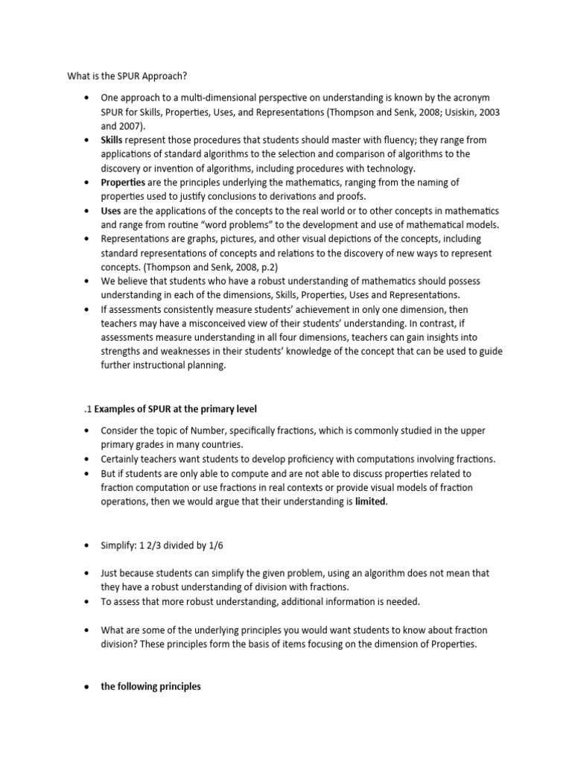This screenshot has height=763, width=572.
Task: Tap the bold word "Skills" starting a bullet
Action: [x=112, y=140]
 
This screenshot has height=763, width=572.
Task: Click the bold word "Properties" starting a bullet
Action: [x=124, y=182]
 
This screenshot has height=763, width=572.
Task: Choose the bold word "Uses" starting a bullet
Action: [x=111, y=210]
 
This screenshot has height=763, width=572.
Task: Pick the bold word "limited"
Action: [x=371, y=501]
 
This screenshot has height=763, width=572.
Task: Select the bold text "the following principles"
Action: [x=150, y=686]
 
